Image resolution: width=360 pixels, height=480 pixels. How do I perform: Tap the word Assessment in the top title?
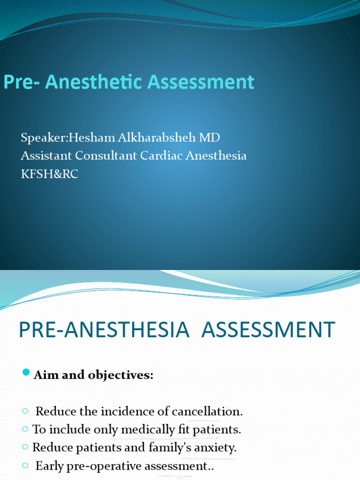point(201,82)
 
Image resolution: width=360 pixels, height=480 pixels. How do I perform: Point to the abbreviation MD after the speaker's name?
point(209,138)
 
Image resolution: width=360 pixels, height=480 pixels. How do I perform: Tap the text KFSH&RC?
point(49,174)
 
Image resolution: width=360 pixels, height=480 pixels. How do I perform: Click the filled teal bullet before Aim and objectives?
point(26,373)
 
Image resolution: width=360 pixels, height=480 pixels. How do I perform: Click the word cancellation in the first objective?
point(207,412)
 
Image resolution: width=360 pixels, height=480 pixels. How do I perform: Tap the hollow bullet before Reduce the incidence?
point(25,411)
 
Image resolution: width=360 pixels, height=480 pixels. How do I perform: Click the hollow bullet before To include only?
point(25,429)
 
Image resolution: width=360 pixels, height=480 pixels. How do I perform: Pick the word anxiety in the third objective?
point(215,447)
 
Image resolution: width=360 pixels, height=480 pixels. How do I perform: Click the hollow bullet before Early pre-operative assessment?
point(25,465)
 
